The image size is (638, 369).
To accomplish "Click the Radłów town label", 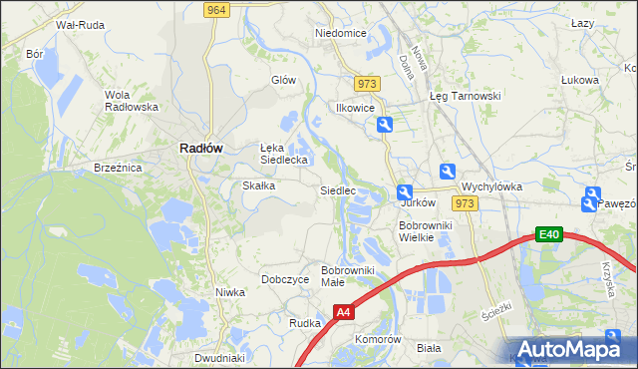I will click(x=200, y=147).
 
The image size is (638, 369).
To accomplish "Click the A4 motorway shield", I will click(x=343, y=312).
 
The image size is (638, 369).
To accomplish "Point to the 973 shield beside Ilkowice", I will click(x=367, y=85).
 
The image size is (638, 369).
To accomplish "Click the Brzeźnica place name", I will click(x=118, y=169).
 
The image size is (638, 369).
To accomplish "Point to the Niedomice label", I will click(x=341, y=33).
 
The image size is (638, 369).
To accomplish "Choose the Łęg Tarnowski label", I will click(x=465, y=96).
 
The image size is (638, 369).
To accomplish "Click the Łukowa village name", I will click(x=579, y=80).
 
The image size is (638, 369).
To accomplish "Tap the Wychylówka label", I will click(x=491, y=186).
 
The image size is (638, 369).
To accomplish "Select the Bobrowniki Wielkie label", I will click(x=426, y=231).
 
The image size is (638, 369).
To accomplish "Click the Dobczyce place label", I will click(x=285, y=280).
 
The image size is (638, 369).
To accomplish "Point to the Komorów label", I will click(x=378, y=339).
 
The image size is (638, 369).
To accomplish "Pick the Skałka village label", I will click(x=260, y=185).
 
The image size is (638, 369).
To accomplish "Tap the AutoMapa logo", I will click(x=568, y=349).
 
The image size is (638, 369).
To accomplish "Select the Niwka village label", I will click(x=230, y=292).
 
